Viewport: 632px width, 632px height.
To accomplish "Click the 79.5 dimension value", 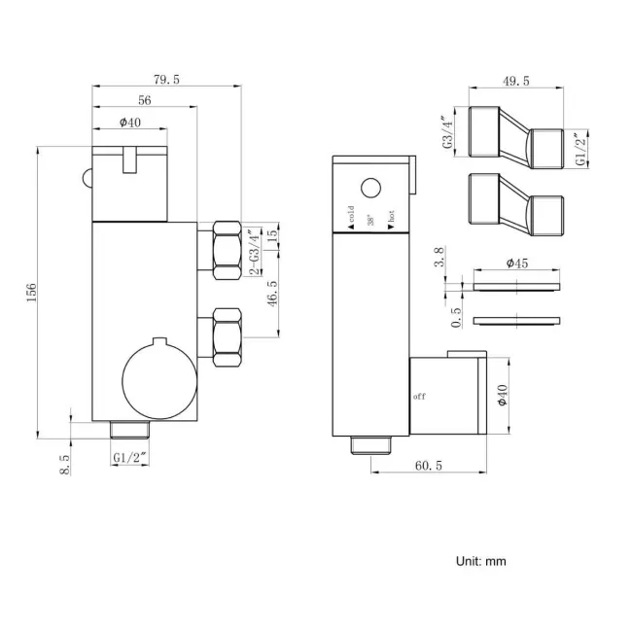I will point(166,80).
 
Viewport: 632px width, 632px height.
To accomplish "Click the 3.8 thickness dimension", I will point(439,257).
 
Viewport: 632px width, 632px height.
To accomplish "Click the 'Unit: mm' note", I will point(481,561).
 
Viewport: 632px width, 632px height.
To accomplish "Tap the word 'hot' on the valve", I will point(390,221).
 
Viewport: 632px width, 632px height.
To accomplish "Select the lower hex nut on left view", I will point(226,336).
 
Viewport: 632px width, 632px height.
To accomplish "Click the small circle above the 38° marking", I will point(369,189).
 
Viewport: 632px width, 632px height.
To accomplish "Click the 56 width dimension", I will point(145,100).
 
